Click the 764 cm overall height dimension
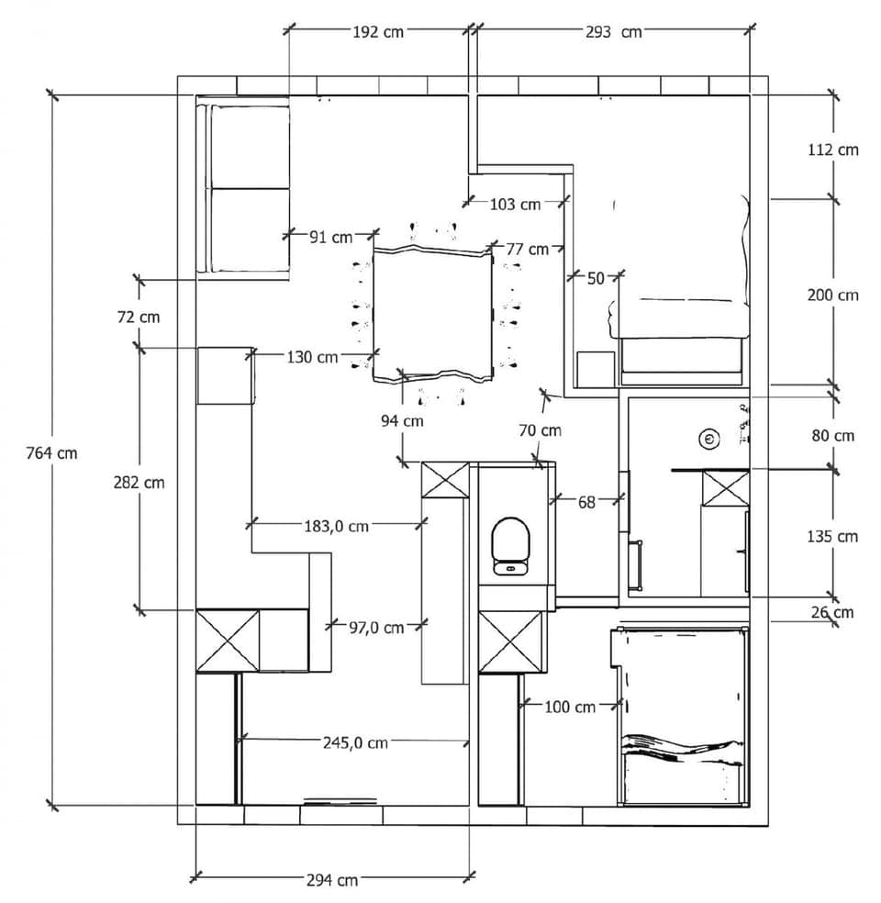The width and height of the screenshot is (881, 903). click(x=52, y=452)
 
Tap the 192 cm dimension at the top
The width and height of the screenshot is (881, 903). click(x=378, y=31)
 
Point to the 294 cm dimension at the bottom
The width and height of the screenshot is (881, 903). click(x=332, y=880)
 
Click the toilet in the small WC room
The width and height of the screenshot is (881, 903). click(x=510, y=545)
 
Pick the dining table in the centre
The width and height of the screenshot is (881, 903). click(x=432, y=312)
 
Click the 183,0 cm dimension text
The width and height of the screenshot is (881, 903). click(x=336, y=526)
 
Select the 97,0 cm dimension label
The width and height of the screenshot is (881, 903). click(x=376, y=628)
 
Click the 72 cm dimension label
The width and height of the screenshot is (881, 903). click(x=139, y=317)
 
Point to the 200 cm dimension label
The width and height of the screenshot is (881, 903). click(x=833, y=295)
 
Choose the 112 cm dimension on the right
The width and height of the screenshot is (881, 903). click(x=833, y=149)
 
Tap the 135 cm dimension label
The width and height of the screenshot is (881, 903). click(x=833, y=535)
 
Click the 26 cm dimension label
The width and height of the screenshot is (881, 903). click(x=832, y=612)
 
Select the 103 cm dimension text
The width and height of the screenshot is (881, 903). click(x=515, y=204)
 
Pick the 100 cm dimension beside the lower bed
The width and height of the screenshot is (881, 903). click(x=569, y=707)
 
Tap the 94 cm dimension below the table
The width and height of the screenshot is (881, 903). click(x=402, y=421)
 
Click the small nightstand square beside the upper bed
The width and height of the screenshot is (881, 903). click(x=595, y=369)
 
